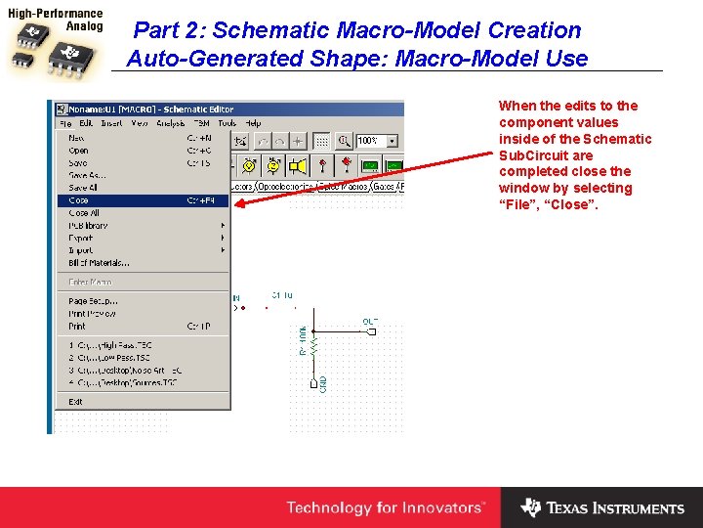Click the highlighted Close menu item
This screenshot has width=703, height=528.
79,200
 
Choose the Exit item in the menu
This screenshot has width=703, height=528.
75,402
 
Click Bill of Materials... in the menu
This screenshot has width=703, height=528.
99,263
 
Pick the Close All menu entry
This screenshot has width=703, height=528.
84,213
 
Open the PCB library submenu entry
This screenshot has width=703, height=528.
88,226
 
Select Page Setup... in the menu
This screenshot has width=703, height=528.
91,301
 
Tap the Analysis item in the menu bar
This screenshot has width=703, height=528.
171,124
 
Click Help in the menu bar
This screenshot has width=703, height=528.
253,124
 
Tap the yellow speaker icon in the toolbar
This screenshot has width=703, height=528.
297,165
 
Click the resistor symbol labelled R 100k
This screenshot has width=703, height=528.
303,340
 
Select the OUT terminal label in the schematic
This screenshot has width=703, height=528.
370,322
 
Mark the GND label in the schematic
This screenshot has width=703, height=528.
323,384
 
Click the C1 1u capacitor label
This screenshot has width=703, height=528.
282,294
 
